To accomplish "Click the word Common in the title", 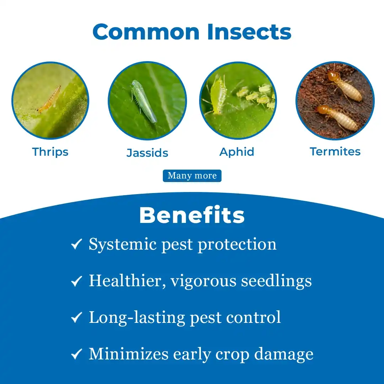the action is point(146,32).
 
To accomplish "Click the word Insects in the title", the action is point(249,32).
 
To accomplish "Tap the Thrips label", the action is point(50,152).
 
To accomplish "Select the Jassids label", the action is point(148,153).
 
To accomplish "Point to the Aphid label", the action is point(237,152).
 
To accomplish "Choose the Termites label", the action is point(335,151).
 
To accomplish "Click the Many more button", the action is point(192,176).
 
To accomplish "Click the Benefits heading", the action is point(192,215).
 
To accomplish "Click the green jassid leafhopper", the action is point(143,101).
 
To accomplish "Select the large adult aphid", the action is point(218,95).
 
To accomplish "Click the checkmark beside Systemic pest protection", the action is point(76,244).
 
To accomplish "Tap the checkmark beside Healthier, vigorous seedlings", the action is point(76,281).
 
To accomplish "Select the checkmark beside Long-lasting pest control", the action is point(76,318).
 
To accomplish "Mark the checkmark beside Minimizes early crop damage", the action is point(76,354).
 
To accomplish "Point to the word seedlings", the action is point(277,281).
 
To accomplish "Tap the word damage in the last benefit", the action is point(284,354).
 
